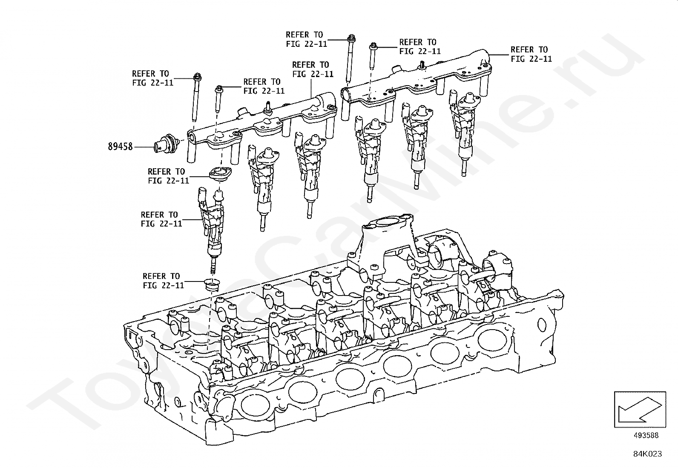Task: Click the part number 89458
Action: (120, 146)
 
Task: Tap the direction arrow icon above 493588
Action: (639, 409)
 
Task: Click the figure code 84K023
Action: (647, 454)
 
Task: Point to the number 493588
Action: (646, 435)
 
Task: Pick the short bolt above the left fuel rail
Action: (218, 100)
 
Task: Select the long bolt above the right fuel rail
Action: (350, 60)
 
